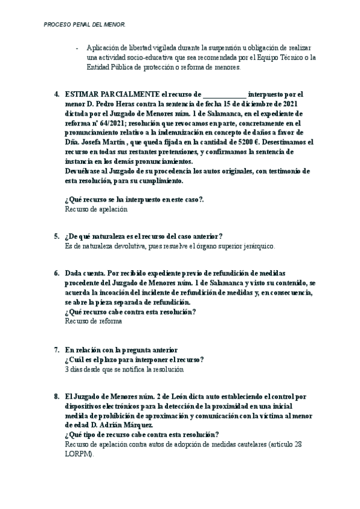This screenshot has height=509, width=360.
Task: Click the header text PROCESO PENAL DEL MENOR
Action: pos(85,25)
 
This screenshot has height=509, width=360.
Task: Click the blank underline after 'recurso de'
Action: pos(224,95)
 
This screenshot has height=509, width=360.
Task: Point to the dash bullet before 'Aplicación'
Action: pos(77,48)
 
